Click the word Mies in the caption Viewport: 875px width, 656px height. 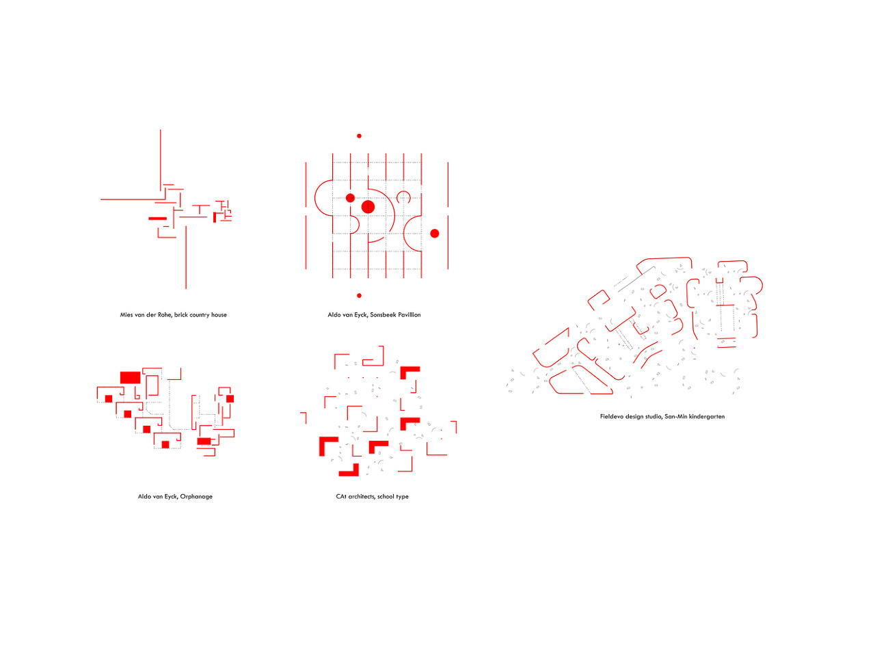[127, 315]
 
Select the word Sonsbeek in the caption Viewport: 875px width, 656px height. [384, 315]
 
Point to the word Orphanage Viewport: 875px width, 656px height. [196, 497]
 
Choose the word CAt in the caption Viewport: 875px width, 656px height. [341, 497]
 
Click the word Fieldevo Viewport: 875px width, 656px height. [612, 417]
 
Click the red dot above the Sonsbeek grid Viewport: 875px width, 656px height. [359, 136]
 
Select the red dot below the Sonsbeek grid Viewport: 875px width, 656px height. [359, 296]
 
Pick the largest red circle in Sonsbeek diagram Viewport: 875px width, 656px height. [368, 206]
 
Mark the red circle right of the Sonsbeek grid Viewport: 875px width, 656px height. [434, 234]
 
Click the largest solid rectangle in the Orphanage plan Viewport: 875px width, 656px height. [130, 377]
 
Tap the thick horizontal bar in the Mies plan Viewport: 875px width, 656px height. [157, 219]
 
